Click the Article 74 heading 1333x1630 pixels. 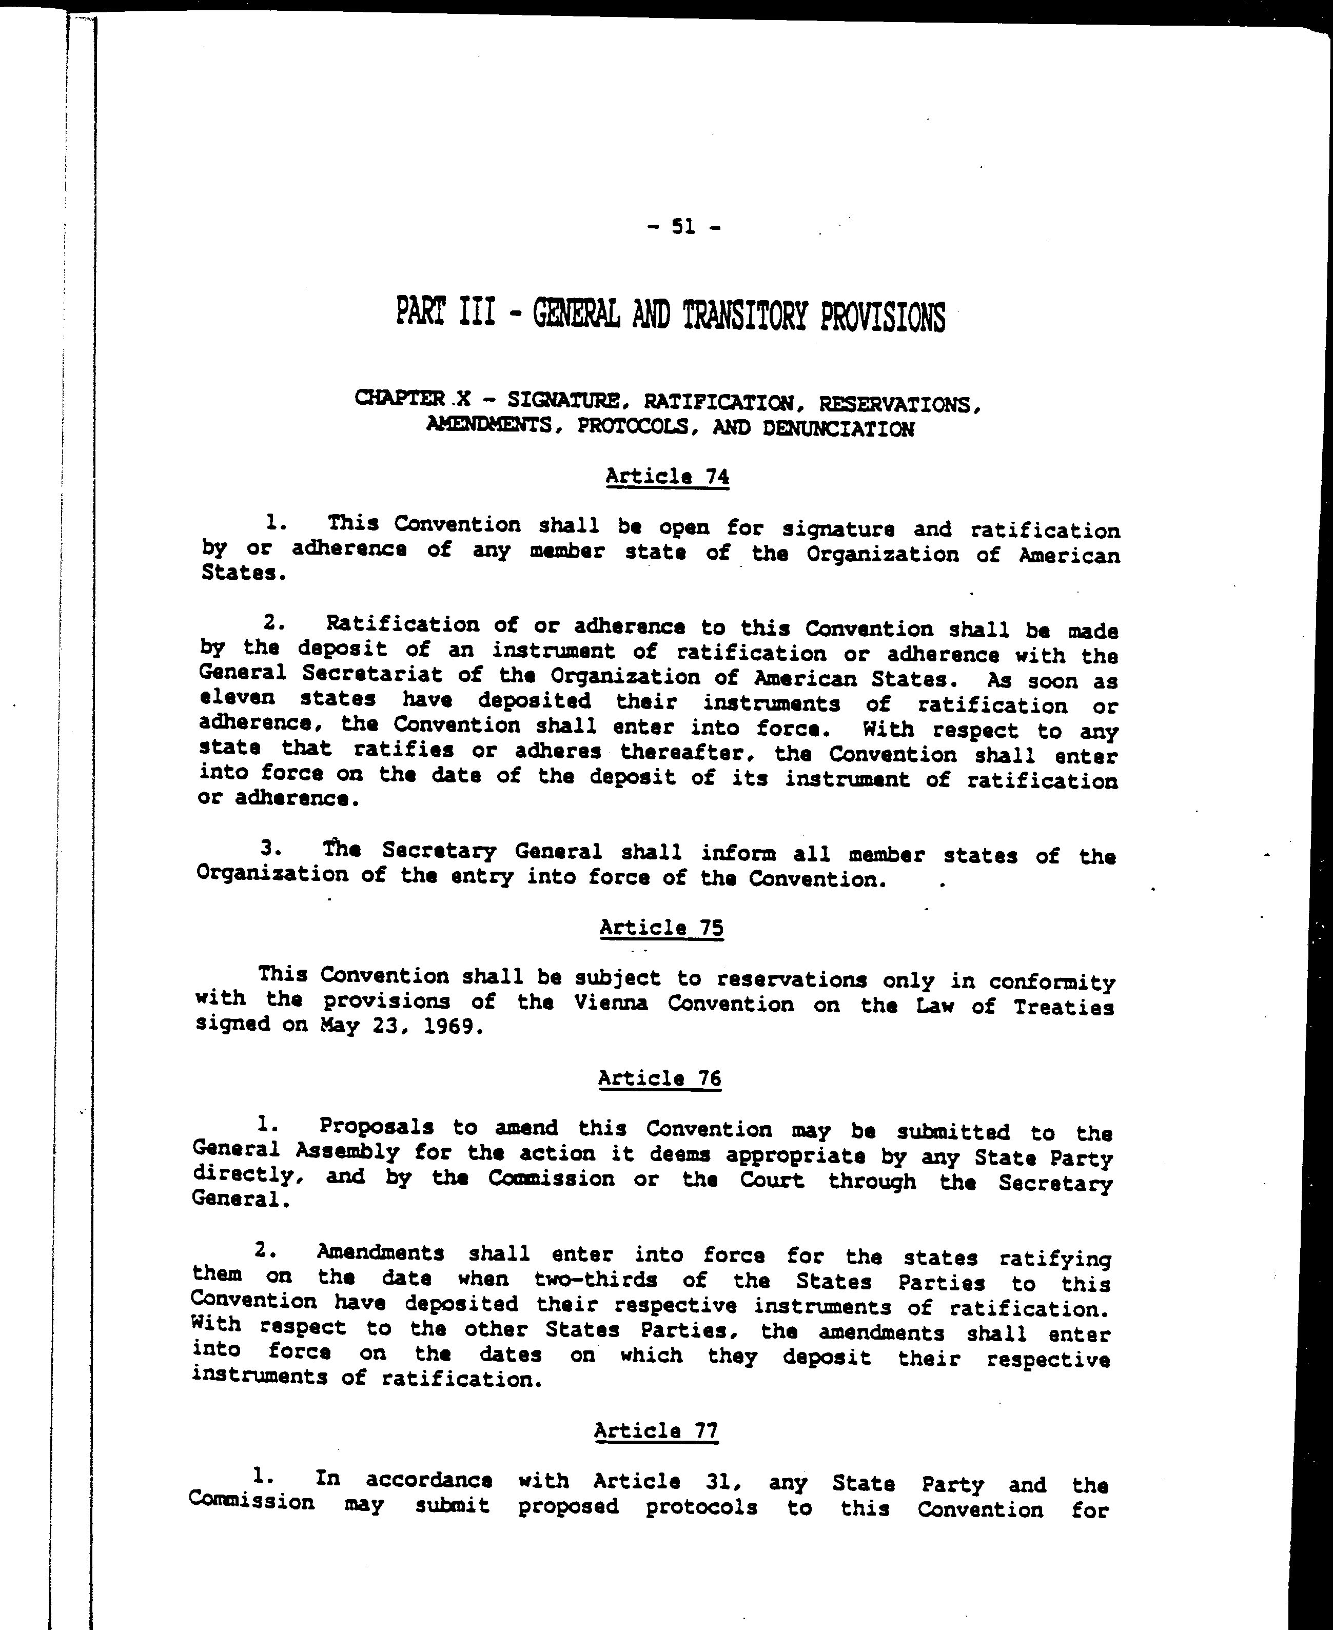tap(666, 477)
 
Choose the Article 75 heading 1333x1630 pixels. tap(661, 928)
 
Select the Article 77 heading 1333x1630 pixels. tap(657, 1430)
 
